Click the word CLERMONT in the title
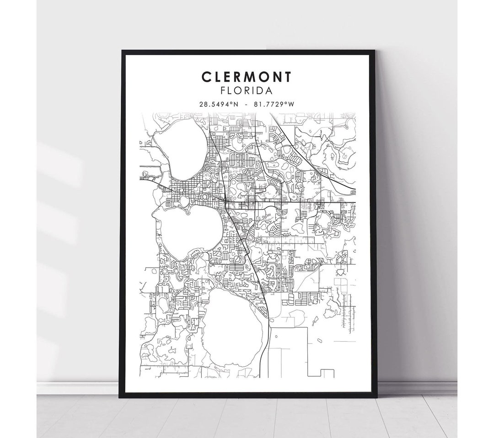point(247,77)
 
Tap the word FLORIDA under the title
point(247,91)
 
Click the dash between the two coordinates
point(247,104)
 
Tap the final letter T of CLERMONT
point(289,77)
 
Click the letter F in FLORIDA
point(223,91)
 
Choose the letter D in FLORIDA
point(262,91)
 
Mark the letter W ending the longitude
point(291,104)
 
